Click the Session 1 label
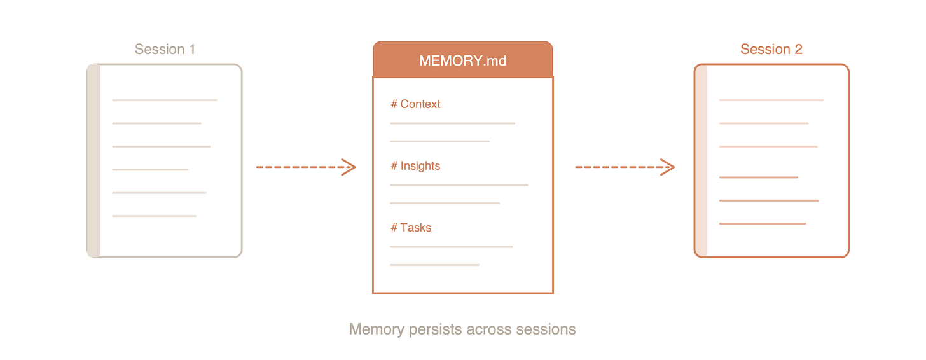pyautogui.click(x=165, y=49)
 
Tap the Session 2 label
pyautogui.click(x=771, y=49)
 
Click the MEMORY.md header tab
pyautogui.click(x=462, y=60)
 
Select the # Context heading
pyautogui.click(x=415, y=104)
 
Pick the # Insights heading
pyautogui.click(x=415, y=166)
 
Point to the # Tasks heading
pyautogui.click(x=411, y=228)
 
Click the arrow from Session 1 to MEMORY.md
pyautogui.click(x=305, y=167)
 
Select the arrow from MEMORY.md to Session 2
pyautogui.click(x=625, y=167)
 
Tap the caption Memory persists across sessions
pyautogui.click(x=462, y=329)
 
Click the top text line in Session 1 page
pyautogui.click(x=164, y=100)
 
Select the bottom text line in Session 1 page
pyautogui.click(x=154, y=216)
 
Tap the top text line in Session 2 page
pyautogui.click(x=771, y=100)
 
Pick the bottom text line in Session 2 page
pyautogui.click(x=762, y=224)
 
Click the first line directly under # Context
pyautogui.click(x=452, y=123)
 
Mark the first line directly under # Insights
pyautogui.click(x=459, y=185)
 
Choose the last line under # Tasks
pyautogui.click(x=434, y=265)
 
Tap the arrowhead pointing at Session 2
pyautogui.click(x=668, y=167)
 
